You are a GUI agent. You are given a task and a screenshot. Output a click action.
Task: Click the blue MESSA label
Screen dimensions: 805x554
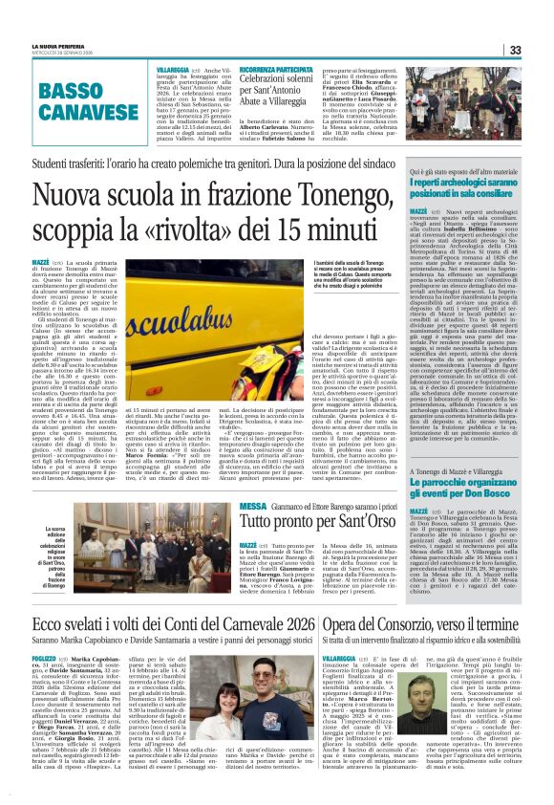(253, 505)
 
